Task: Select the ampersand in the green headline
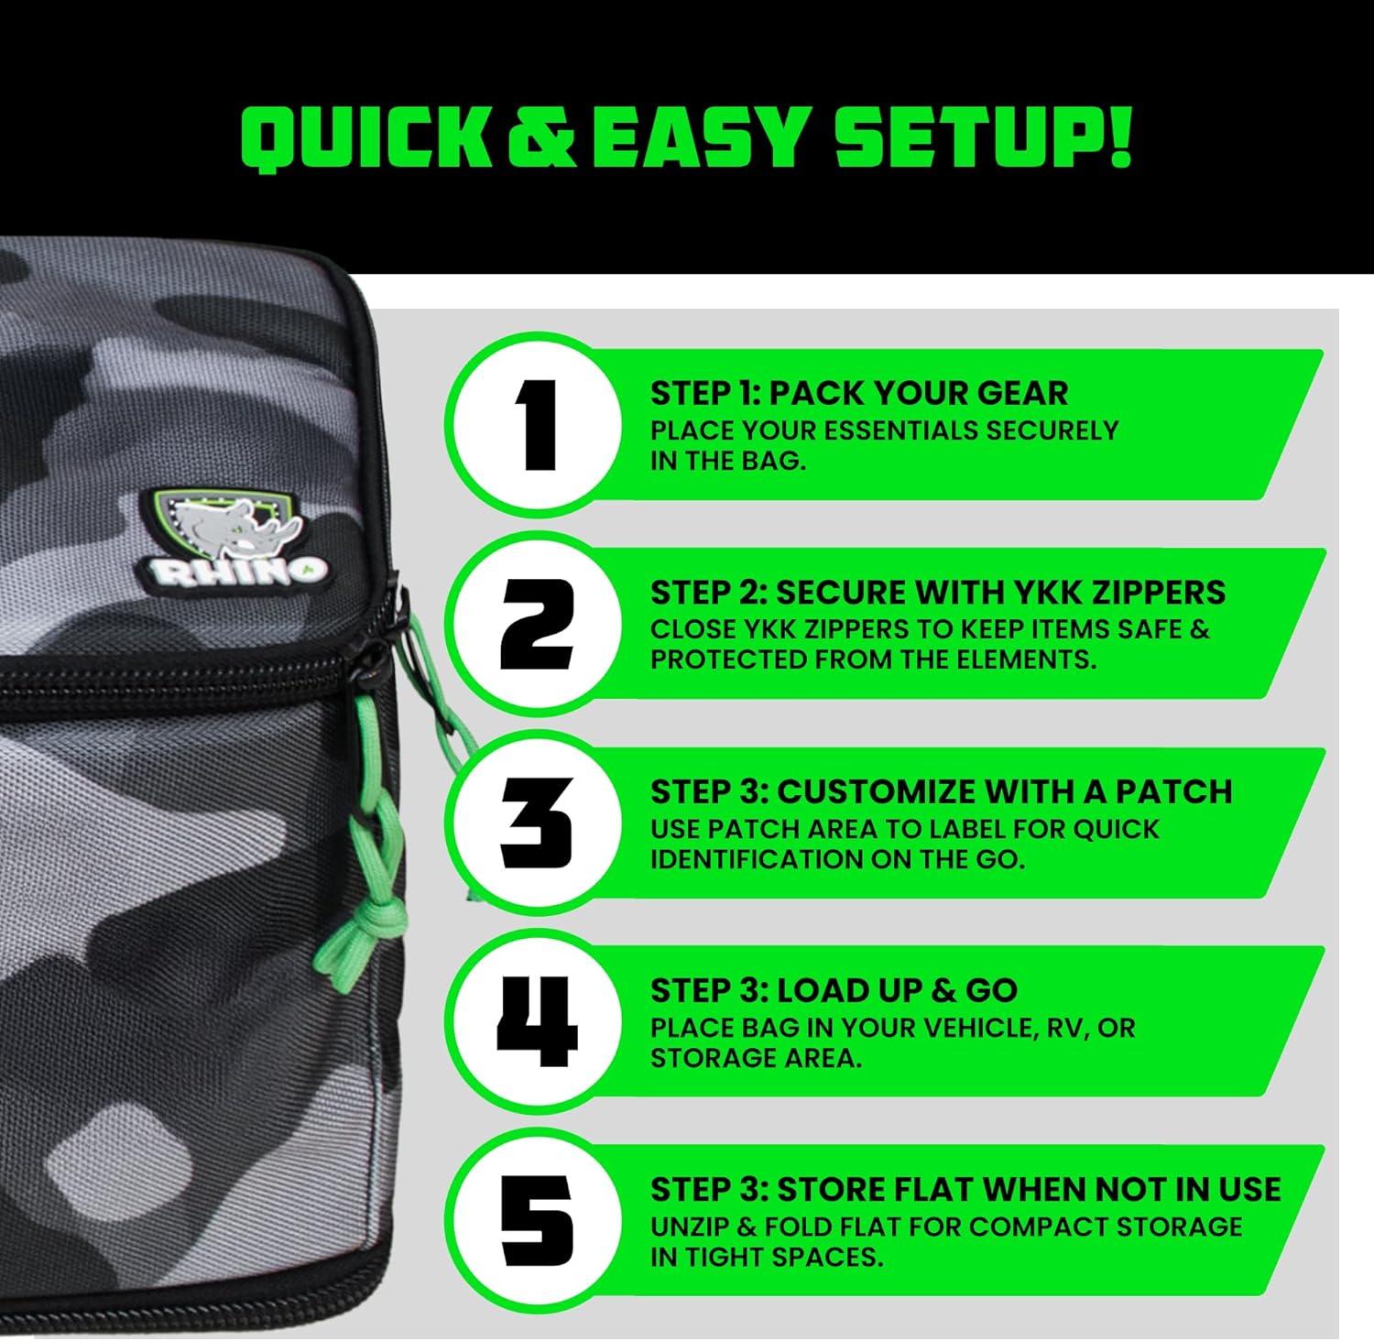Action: (x=540, y=139)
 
